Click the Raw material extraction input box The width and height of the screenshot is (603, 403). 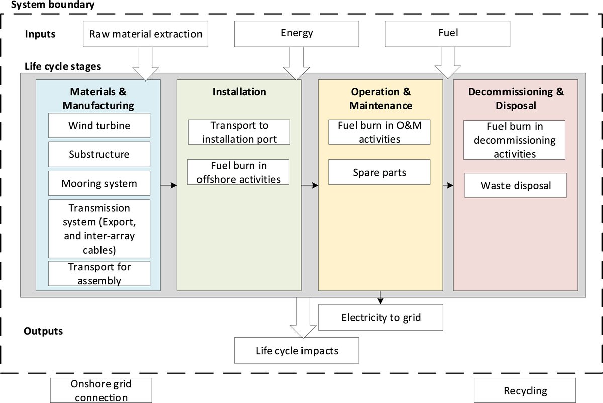point(146,34)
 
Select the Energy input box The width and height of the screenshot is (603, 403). point(296,34)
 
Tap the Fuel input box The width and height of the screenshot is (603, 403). point(447,34)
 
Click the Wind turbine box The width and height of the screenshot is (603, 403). point(99,125)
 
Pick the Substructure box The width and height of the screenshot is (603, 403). point(99,154)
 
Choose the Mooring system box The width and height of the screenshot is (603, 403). point(99,183)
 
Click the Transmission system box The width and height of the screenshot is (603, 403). point(99,228)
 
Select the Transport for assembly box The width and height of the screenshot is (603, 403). point(99,273)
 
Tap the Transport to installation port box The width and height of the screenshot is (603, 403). point(239,132)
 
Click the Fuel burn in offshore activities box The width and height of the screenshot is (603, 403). point(239,172)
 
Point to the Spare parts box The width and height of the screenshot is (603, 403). point(379,172)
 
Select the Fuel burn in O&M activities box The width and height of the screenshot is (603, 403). point(379,132)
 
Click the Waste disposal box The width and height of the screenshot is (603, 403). point(516,185)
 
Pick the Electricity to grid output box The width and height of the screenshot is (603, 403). point(380,317)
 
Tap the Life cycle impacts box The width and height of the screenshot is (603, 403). point(296,350)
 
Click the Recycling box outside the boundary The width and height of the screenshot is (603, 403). point(525,391)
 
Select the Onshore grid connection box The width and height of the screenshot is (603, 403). point(101,391)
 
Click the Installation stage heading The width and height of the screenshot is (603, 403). point(239,92)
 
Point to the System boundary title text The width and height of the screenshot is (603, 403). point(52,6)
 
